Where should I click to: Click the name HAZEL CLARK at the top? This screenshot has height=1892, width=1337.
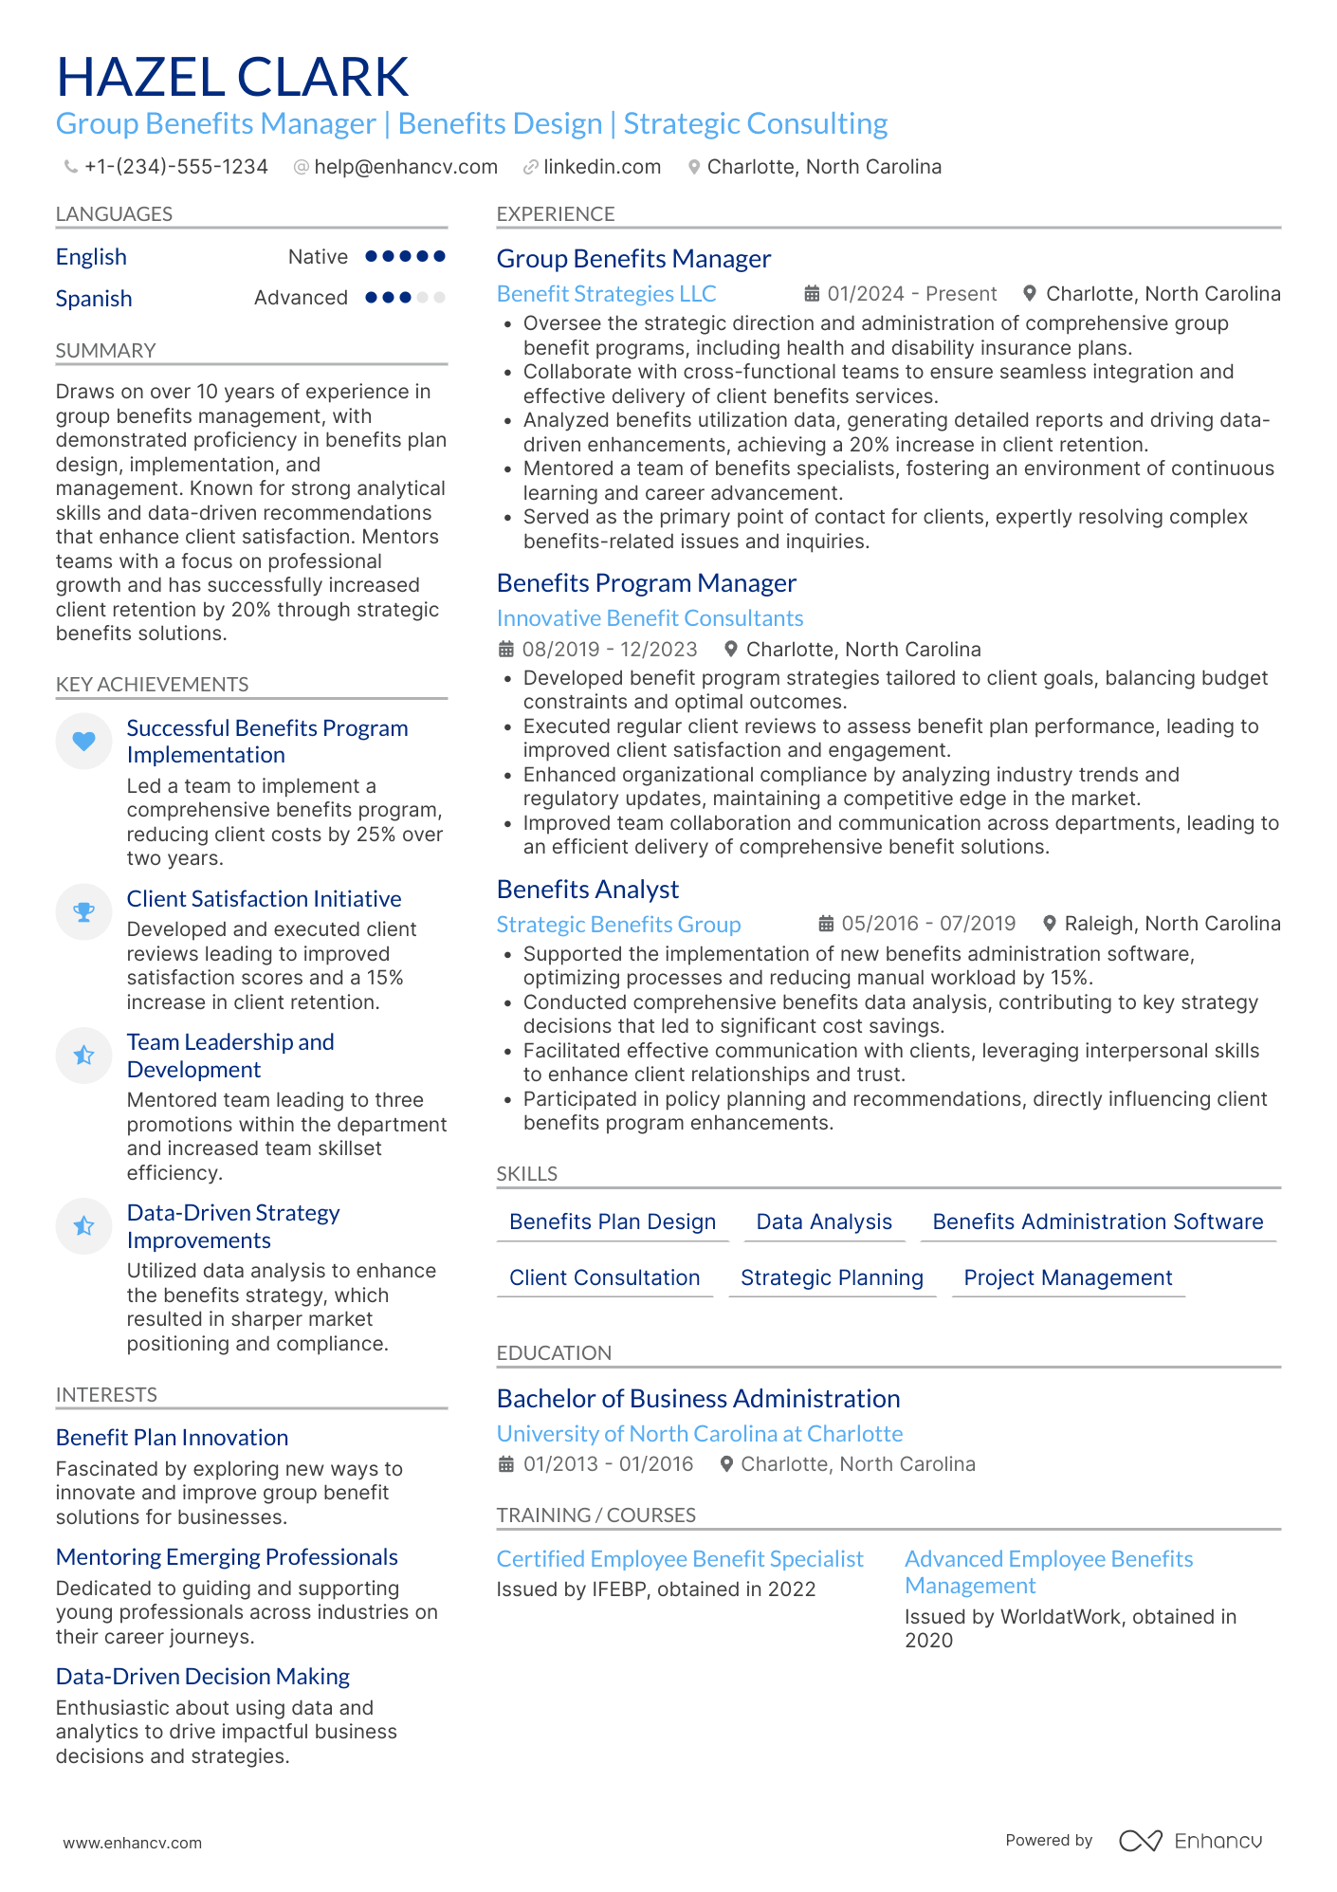(232, 77)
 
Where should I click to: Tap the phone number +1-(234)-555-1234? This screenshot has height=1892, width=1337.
(175, 167)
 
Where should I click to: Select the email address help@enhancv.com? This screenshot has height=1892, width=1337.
(405, 167)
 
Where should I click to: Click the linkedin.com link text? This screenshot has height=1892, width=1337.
(601, 167)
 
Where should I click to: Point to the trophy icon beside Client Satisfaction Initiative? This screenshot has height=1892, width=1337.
(84, 912)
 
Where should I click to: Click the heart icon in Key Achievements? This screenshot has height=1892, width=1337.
(84, 741)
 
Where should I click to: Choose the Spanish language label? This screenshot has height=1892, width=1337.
(94, 299)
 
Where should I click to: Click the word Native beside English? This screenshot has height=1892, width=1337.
(318, 257)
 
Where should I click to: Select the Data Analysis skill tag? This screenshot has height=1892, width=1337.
(823, 1222)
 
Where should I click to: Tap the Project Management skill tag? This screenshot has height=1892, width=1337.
(1068, 1277)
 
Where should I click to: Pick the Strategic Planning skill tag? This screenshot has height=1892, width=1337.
(832, 1277)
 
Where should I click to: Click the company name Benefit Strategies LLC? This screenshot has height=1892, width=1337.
(606, 294)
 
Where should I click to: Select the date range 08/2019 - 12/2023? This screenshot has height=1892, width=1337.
(610, 650)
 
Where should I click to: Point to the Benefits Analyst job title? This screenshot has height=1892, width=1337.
(588, 890)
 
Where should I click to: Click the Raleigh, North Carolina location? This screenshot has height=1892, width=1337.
(1172, 924)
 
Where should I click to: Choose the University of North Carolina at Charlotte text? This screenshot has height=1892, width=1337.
(700, 1434)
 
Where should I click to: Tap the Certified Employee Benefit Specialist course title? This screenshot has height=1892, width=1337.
(680, 1559)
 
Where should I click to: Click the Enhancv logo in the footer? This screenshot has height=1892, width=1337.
(1191, 1841)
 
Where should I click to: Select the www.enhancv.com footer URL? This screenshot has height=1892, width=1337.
(133, 1843)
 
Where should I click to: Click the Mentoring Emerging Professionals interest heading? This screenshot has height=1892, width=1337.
(227, 1557)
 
